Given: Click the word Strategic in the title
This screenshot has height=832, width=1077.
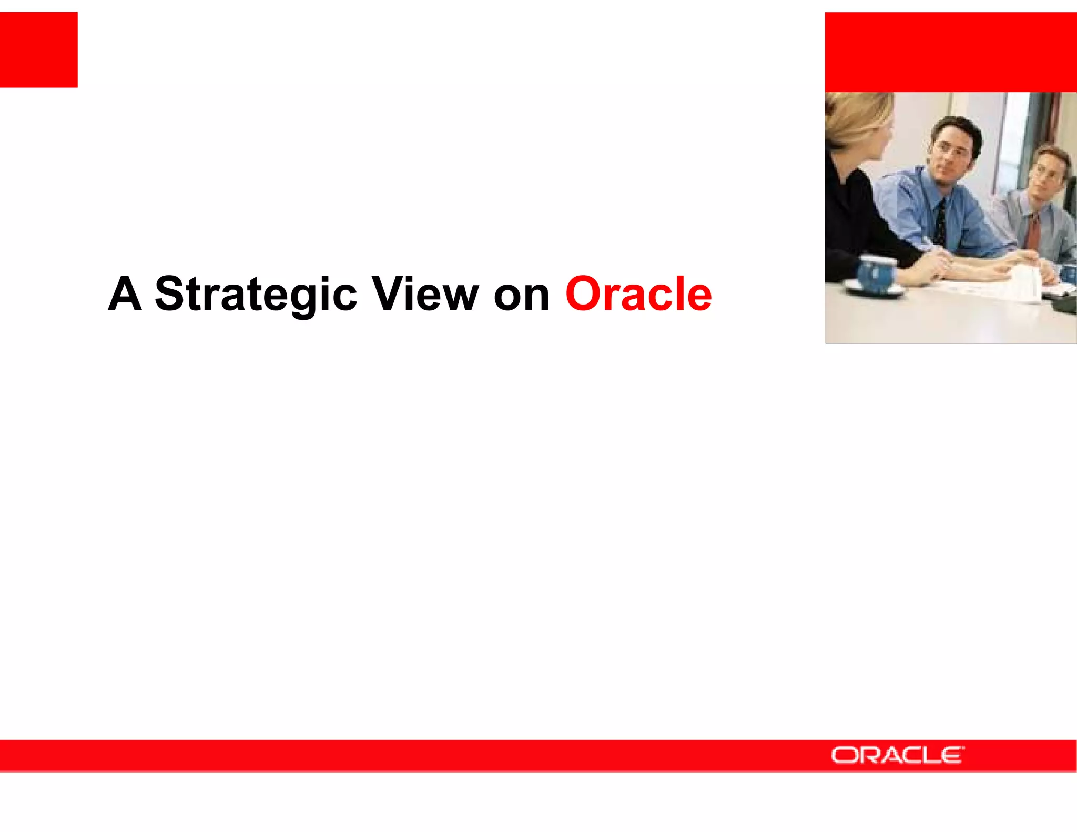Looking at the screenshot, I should (x=256, y=295).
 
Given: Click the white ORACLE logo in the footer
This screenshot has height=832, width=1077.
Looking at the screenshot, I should (x=897, y=755).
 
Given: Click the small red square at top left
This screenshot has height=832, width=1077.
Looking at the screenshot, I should (x=38, y=49).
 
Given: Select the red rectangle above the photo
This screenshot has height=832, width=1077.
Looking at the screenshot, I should (x=950, y=52).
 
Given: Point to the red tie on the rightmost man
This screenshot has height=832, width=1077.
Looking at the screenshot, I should (x=1033, y=231).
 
